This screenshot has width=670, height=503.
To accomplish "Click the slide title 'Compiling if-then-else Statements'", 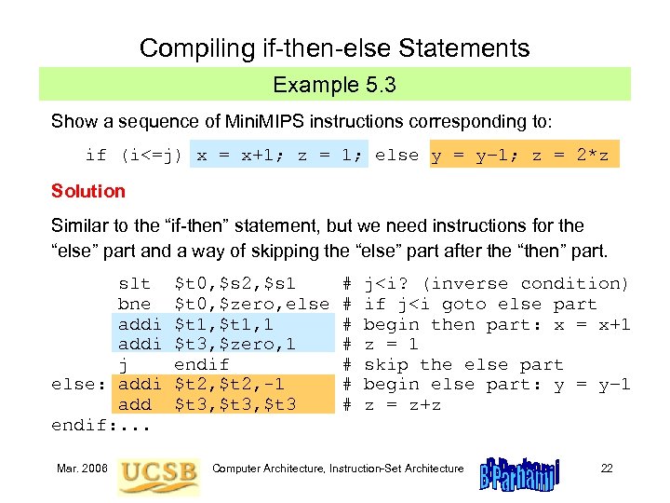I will click(x=334, y=48).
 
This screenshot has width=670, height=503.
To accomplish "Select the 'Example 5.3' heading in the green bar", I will click(x=334, y=86).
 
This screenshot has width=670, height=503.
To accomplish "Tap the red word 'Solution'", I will click(x=88, y=191).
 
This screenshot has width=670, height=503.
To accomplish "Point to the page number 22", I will click(x=607, y=468).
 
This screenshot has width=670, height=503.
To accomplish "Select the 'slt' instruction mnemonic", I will click(x=134, y=283).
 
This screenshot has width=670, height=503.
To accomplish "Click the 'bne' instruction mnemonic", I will click(x=134, y=304).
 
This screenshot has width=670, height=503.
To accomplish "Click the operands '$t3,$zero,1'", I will click(x=235, y=344).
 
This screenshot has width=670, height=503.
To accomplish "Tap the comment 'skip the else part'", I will click(x=462, y=364).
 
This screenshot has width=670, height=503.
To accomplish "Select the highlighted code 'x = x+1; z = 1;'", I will click(x=280, y=156).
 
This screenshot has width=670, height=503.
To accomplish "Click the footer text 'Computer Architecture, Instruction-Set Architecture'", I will click(x=338, y=468).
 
